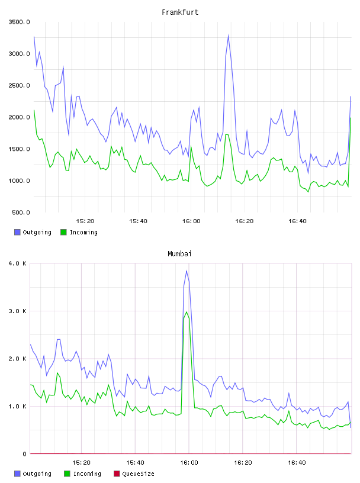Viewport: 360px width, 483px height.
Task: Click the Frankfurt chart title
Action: click(x=180, y=12)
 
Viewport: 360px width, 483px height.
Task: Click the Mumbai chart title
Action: click(x=179, y=254)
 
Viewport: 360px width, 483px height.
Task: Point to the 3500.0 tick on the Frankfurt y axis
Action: click(x=19, y=22)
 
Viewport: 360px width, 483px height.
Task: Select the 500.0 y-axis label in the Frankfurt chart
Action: click(x=21, y=212)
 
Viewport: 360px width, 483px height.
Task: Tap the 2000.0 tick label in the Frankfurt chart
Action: click(x=19, y=117)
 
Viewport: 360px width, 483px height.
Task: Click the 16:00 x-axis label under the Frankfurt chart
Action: click(x=191, y=221)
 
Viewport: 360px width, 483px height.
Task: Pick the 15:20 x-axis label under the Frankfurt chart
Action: click(x=85, y=221)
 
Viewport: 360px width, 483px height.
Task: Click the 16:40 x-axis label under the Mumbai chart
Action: click(x=297, y=463)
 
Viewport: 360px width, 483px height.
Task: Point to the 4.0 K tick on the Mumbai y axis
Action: click(x=17, y=263)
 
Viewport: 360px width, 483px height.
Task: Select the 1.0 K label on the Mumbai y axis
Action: click(x=17, y=407)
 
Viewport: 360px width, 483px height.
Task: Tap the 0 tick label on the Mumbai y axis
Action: click(x=24, y=454)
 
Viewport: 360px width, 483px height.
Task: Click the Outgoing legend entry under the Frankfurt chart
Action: click(x=33, y=232)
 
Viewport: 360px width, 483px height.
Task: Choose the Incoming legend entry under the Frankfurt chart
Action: click(x=79, y=232)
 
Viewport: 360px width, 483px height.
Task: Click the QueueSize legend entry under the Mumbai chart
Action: click(x=134, y=474)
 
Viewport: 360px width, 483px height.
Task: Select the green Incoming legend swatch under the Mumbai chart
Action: click(x=67, y=474)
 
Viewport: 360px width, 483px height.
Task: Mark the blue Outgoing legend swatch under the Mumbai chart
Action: click(x=17, y=474)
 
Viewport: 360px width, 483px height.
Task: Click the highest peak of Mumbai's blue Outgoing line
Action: click(x=187, y=271)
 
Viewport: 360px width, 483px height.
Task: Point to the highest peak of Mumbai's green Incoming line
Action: click(x=187, y=312)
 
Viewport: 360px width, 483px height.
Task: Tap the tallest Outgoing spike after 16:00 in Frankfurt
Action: click(x=228, y=35)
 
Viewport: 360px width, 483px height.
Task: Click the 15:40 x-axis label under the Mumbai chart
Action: click(x=135, y=463)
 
